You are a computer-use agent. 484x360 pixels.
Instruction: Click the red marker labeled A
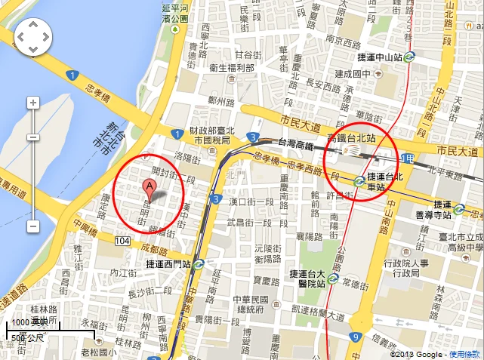tap(150, 188)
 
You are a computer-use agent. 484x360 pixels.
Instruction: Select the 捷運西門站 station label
tap(170, 263)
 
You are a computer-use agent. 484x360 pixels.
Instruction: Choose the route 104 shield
tap(122, 240)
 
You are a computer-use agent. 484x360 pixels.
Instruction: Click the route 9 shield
tap(354, 337)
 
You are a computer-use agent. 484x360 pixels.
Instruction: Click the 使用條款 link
tap(464, 354)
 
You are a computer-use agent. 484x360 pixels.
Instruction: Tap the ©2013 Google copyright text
tap(418, 354)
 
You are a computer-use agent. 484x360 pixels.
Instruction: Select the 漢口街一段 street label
tap(251, 202)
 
